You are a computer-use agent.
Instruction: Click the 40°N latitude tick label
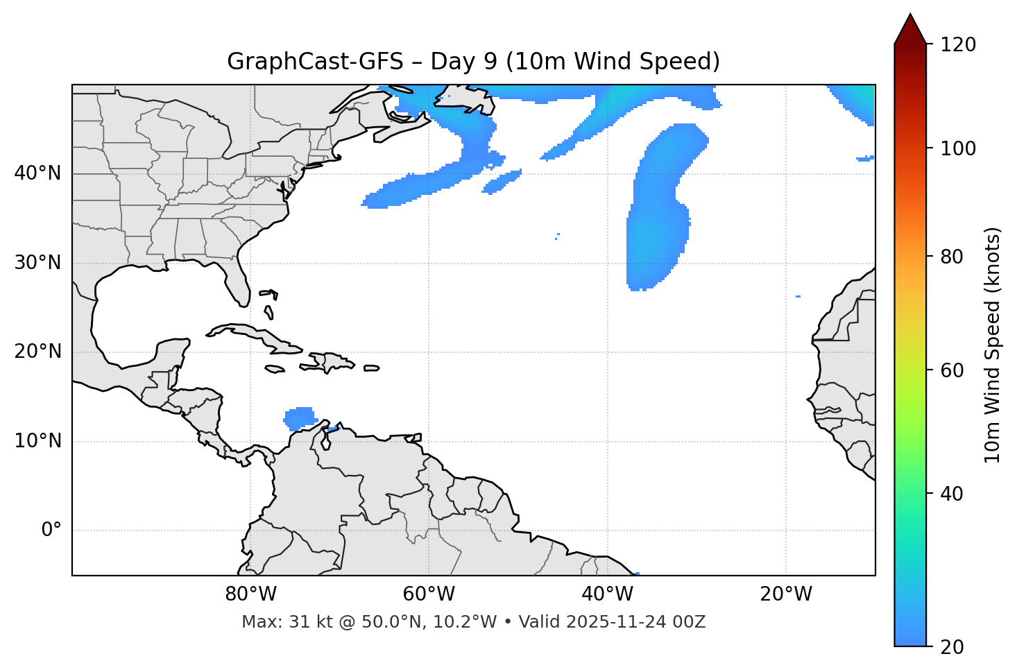(37, 173)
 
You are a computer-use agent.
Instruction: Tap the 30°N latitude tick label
(37, 263)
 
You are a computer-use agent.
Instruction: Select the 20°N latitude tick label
(37, 352)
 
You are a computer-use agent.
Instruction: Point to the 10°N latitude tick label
(37, 441)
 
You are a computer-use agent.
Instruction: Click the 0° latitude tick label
(51, 531)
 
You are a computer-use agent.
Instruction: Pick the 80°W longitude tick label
(250, 594)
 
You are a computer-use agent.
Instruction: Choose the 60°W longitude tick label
(429, 594)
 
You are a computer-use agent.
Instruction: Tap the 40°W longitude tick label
(607, 594)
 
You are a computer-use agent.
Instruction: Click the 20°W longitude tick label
(786, 594)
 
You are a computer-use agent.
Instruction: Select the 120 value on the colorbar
(958, 45)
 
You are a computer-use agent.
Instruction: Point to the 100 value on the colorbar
(958, 148)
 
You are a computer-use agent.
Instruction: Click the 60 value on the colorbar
(952, 370)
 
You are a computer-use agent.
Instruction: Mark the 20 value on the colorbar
(952, 647)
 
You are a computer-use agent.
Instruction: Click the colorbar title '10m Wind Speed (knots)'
(993, 345)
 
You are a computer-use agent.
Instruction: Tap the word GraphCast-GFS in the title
(315, 62)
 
